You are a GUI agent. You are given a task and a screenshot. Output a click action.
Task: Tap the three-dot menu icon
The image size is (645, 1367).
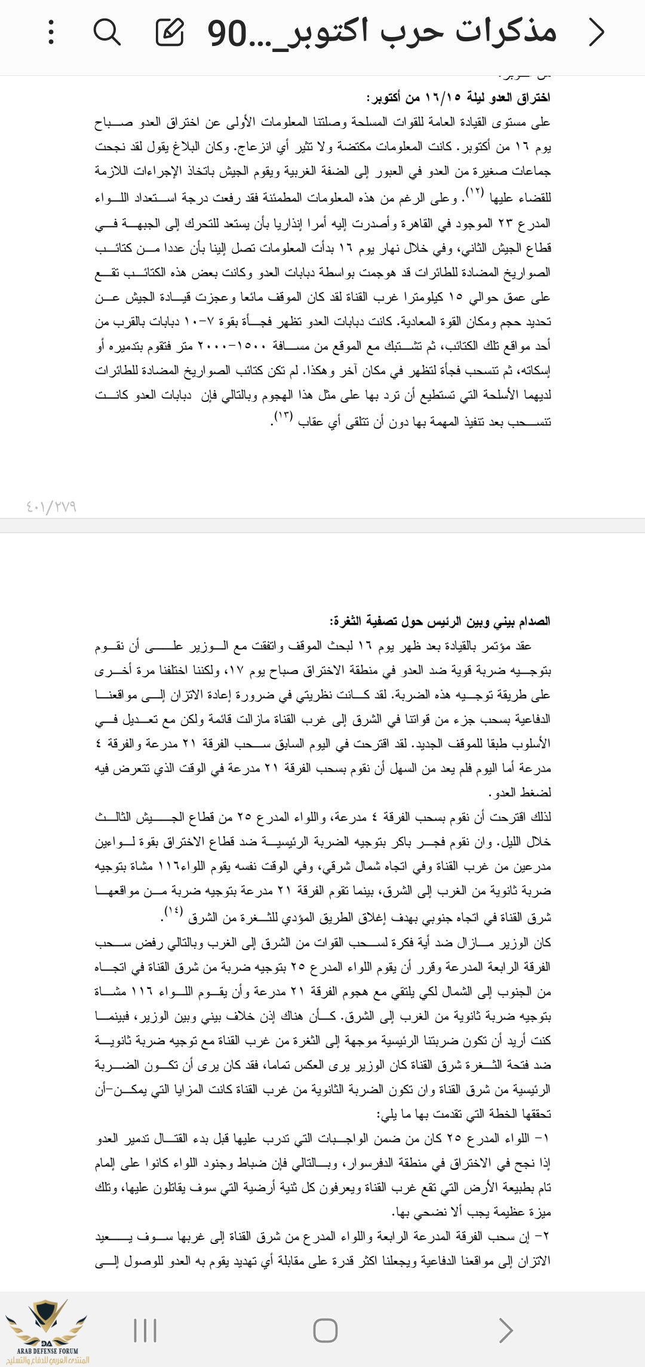51,32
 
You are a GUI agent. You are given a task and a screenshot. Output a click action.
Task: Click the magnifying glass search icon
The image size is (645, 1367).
107,32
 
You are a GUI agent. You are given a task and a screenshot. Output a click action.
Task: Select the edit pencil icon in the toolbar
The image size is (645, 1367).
170,32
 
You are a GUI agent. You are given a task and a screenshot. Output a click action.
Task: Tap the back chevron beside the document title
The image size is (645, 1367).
596,32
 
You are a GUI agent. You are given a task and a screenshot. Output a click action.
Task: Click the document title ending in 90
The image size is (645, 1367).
382,32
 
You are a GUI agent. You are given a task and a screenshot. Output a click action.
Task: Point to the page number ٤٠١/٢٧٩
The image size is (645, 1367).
51,507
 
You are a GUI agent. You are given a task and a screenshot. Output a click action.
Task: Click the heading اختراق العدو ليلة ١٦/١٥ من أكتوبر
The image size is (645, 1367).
458,97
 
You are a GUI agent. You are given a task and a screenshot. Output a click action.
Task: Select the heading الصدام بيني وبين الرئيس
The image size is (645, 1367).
440,621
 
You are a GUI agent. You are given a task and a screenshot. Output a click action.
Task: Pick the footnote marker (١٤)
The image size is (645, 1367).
174,912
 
